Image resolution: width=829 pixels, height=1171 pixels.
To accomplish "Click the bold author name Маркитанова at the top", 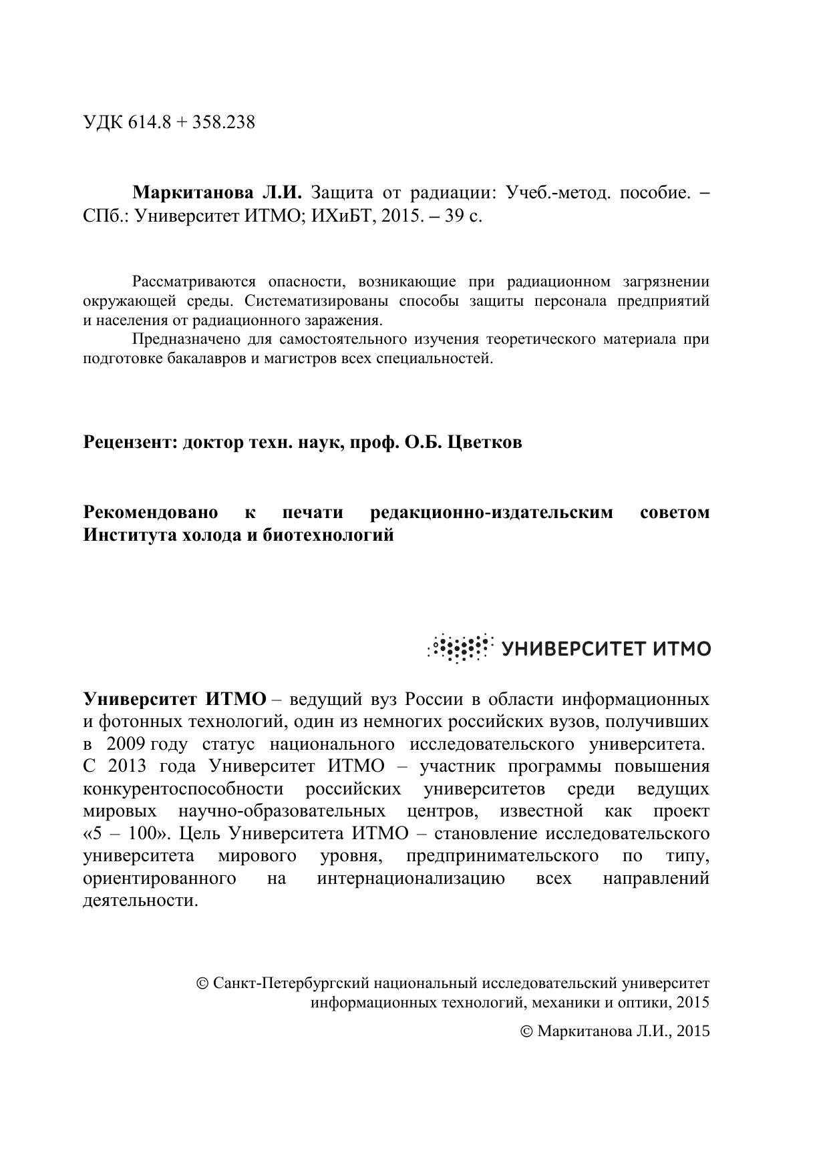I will pyautogui.click(x=192, y=194).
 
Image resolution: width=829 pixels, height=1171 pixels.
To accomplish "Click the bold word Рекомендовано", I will pyautogui.click(x=150, y=513).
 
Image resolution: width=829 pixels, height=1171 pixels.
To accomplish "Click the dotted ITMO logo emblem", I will pyautogui.click(x=460, y=648).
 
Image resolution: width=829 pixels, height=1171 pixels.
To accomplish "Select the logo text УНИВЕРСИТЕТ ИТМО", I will pyautogui.click(x=605, y=649).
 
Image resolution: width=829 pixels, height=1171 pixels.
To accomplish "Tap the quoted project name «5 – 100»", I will pyautogui.click(x=128, y=834).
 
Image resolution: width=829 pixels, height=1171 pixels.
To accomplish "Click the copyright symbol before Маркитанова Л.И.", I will pyautogui.click(x=526, y=1031).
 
